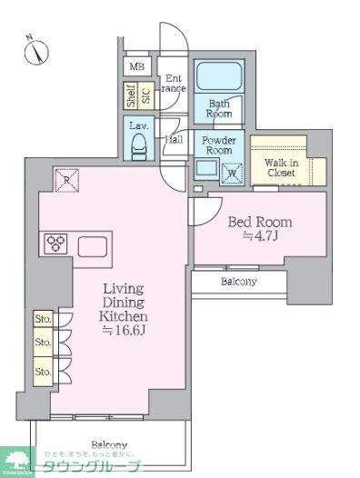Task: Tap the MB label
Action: [x=136, y=67]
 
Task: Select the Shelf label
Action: [x=131, y=95]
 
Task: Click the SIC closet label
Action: [x=145, y=95]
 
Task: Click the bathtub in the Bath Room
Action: [x=218, y=77]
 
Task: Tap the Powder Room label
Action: [x=218, y=145]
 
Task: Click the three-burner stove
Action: [x=55, y=244]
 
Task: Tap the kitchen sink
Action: [x=94, y=246]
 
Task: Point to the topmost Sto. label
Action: [x=42, y=320]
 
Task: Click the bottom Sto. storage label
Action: [x=42, y=371]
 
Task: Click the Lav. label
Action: [x=139, y=125]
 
